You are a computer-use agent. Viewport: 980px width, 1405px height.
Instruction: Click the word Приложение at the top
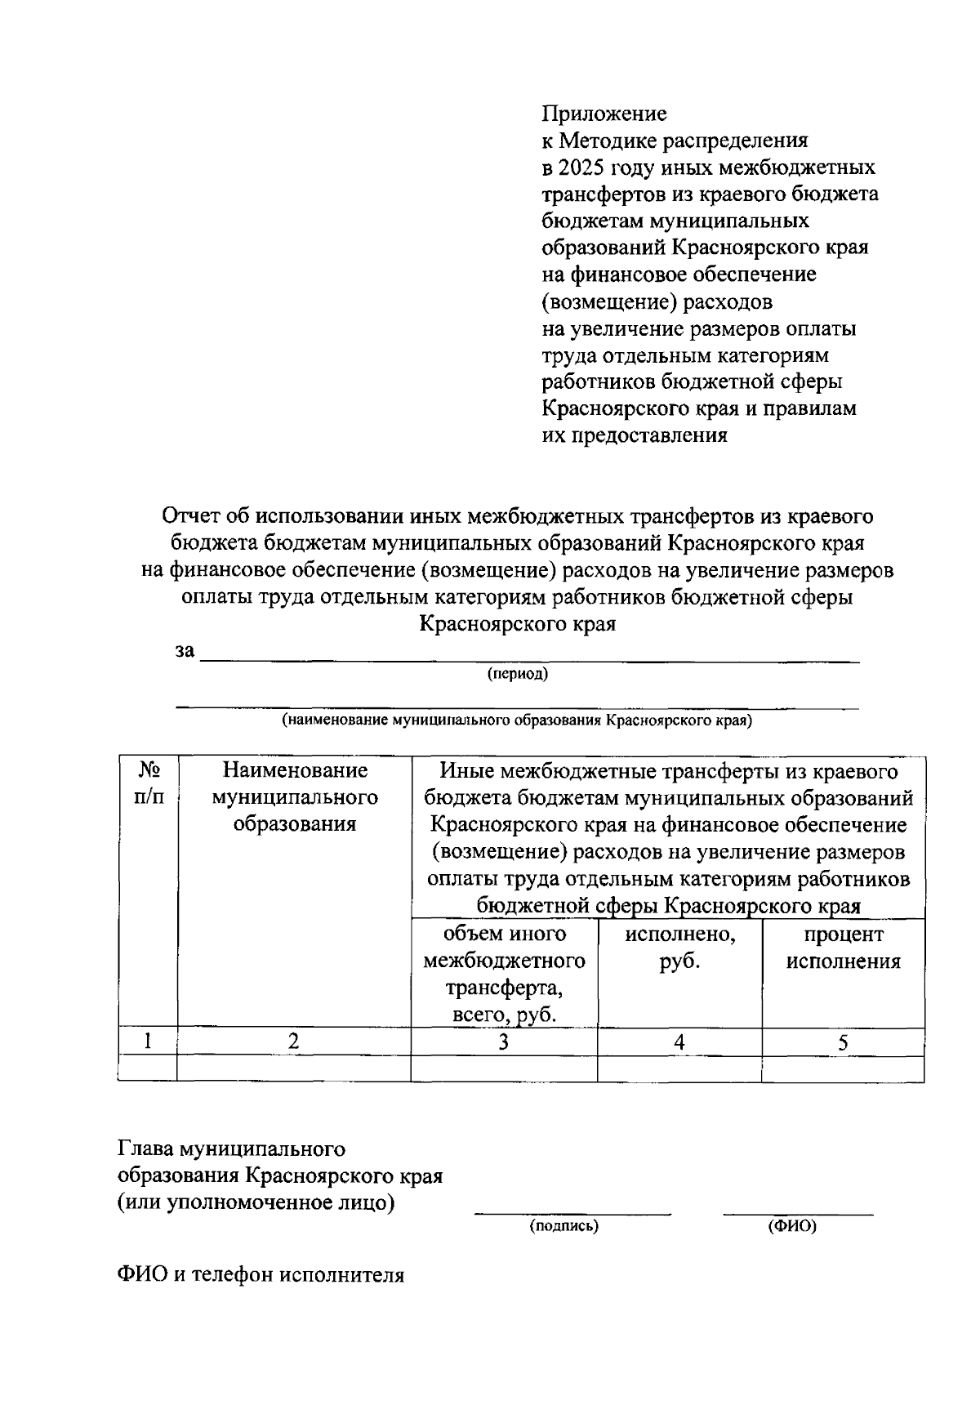[x=604, y=114]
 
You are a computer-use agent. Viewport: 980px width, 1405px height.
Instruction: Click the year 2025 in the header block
[x=579, y=167]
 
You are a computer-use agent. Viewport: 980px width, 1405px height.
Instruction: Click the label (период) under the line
[x=518, y=674]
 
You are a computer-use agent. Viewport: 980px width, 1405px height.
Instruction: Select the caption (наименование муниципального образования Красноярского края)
[x=517, y=720]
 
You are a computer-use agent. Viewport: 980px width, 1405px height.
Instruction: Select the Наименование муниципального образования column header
[x=294, y=796]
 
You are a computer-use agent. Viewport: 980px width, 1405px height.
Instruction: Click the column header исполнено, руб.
[x=679, y=948]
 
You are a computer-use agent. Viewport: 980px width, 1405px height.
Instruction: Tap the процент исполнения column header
[x=843, y=948]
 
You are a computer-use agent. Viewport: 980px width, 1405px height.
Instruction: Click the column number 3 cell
[x=504, y=1041]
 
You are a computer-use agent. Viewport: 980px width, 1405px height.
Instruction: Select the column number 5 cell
[x=843, y=1041]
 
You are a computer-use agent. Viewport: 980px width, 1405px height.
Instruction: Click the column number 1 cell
[x=147, y=1041]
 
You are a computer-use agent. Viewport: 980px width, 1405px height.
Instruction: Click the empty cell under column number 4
[x=679, y=1068]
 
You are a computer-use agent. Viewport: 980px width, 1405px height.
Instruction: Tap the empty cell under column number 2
[x=294, y=1068]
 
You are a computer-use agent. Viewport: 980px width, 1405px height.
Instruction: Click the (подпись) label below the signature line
[x=564, y=1226]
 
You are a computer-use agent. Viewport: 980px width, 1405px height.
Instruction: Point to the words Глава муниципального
[x=232, y=1149]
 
